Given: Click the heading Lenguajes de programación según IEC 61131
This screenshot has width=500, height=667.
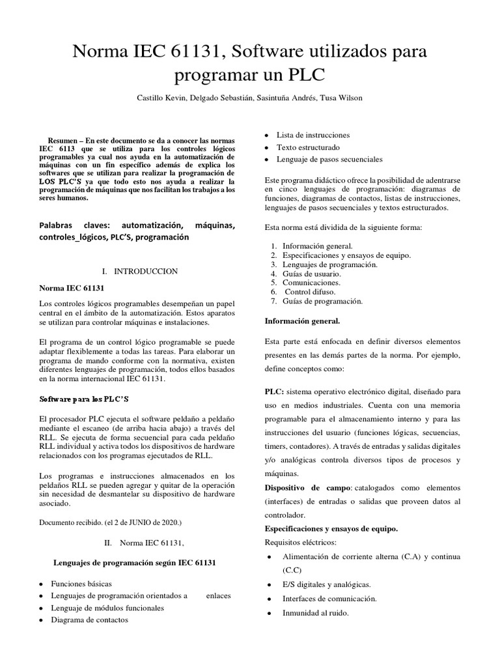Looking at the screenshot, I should (134, 562).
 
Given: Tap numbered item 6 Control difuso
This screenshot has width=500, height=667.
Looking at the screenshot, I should (309, 292).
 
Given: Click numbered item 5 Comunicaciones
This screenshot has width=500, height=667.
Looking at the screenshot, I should (311, 283).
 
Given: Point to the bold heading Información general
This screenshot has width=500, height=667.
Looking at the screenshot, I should (302, 321).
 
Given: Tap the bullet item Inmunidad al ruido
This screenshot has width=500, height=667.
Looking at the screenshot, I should (316, 613).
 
